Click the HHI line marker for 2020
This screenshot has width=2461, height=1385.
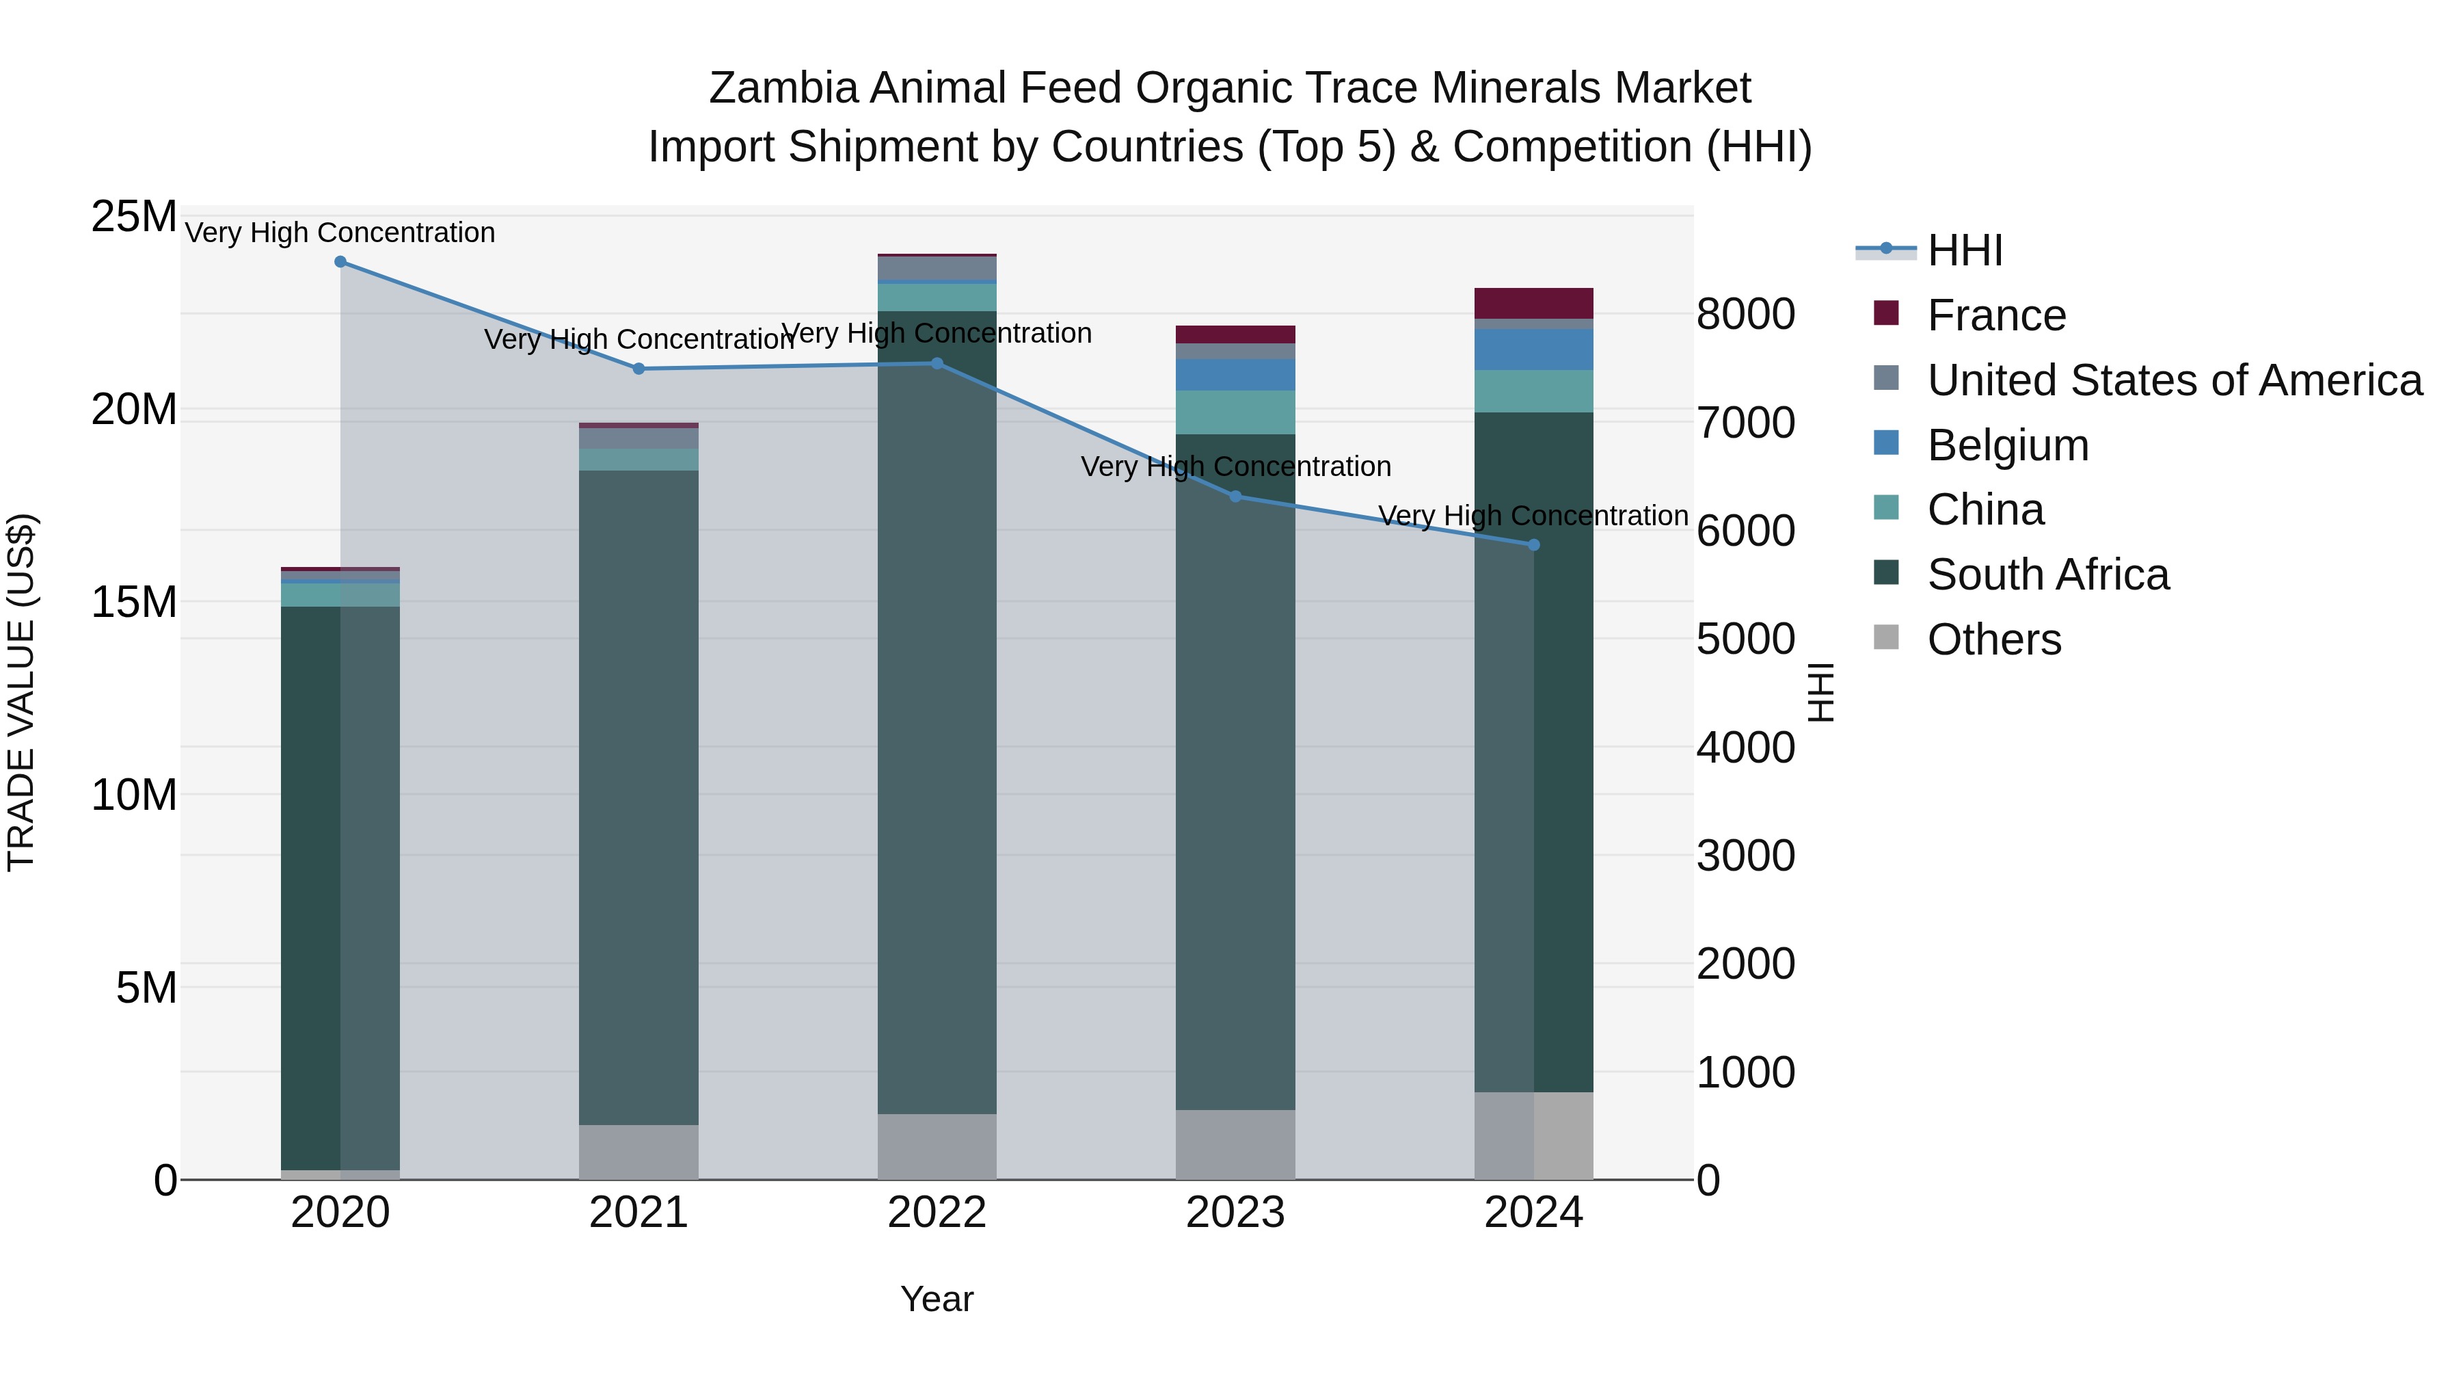[340, 262]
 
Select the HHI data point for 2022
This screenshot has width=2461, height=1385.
[937, 363]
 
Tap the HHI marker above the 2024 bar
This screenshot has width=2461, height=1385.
[1533, 545]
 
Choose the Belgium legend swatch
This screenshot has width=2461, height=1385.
[1886, 443]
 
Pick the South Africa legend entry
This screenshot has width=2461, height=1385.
[2047, 575]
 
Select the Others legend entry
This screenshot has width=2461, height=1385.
[1994, 639]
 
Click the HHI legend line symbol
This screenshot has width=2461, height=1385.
[1886, 250]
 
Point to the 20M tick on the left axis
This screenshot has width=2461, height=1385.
[134, 410]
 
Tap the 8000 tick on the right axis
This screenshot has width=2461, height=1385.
[1745, 315]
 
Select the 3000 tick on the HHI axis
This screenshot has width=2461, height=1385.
[1745, 856]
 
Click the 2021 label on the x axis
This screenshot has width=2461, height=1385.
[638, 1213]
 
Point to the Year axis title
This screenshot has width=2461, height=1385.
[937, 1299]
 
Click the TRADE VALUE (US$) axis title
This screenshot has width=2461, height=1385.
[21, 692]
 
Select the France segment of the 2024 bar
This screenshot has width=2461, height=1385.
[1533, 303]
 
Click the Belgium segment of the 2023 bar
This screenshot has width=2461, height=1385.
[1235, 375]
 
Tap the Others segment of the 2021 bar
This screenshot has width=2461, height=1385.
[638, 1152]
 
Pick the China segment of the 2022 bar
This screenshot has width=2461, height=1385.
[937, 298]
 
